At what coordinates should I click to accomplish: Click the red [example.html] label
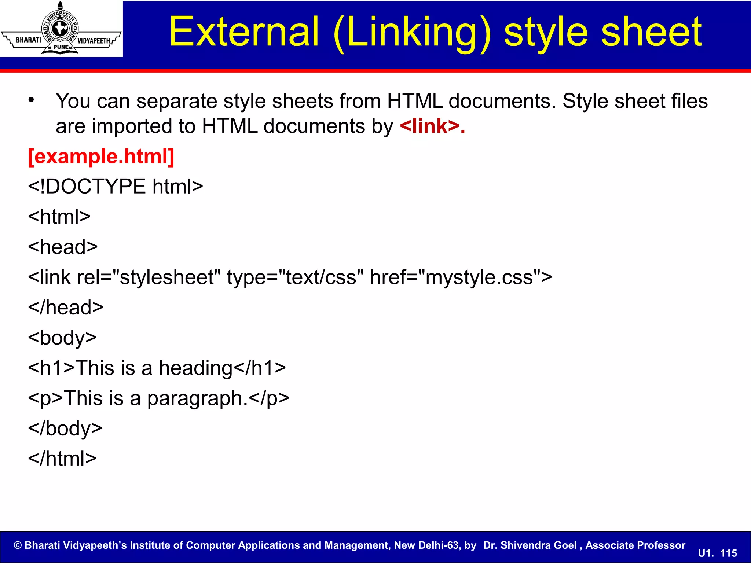[101, 157]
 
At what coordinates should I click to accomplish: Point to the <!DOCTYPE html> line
[116, 187]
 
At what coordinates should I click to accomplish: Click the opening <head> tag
[63, 247]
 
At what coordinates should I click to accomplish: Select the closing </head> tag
[66, 308]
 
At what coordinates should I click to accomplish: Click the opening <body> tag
[62, 338]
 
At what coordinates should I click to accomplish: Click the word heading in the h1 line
[196, 368]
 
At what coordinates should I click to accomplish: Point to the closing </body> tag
[65, 428]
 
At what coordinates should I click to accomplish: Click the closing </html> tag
[62, 459]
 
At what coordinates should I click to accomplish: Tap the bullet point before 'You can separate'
[32, 100]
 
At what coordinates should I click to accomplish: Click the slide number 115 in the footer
[728, 553]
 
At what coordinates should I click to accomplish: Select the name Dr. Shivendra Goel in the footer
[530, 545]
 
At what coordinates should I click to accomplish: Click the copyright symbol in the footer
[18, 545]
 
